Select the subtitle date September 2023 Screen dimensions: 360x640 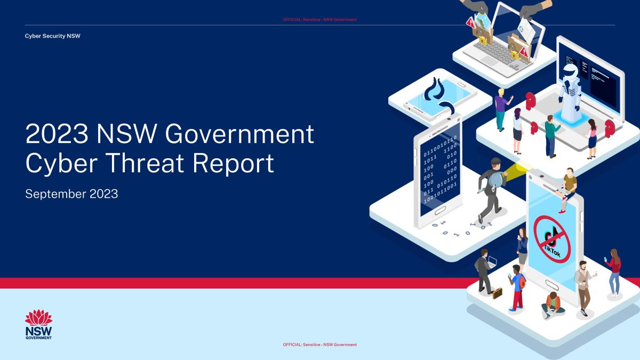click(x=71, y=194)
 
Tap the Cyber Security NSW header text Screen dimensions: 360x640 click(x=53, y=36)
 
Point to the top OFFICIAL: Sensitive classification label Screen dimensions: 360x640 click(x=319, y=20)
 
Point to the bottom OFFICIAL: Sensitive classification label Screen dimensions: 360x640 click(x=319, y=345)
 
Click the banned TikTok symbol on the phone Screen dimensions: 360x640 click(x=552, y=238)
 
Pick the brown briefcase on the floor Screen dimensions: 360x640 click(x=497, y=292)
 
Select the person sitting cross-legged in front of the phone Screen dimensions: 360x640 click(x=553, y=305)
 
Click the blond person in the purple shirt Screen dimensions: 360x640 click(x=500, y=109)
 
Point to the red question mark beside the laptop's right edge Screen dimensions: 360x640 click(x=610, y=127)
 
